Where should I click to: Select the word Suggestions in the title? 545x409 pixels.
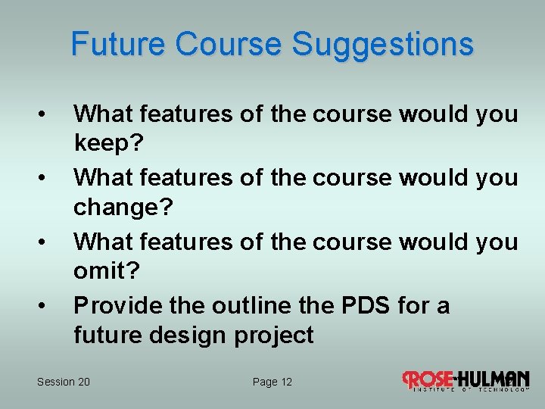point(383,44)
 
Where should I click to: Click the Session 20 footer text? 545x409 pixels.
point(64,382)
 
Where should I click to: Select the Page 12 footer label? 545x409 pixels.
point(272,382)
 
